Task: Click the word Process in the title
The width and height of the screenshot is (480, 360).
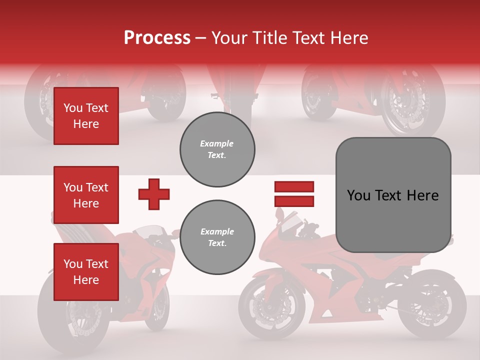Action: tap(157, 38)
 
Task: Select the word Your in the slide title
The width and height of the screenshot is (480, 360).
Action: tap(229, 38)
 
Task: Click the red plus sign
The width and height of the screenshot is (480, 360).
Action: tap(154, 194)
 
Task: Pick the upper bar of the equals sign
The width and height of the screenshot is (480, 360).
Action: tap(294, 186)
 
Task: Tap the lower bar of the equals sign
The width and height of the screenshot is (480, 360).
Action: tap(294, 201)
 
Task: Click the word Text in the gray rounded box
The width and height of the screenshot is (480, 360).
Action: tap(388, 195)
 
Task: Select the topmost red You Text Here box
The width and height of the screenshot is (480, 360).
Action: tap(86, 116)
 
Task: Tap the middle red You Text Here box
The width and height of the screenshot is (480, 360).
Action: tap(86, 195)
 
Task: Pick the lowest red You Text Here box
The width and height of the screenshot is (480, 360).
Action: tap(86, 272)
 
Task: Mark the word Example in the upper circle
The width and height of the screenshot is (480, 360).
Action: tap(217, 143)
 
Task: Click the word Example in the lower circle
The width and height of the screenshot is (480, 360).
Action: tap(217, 231)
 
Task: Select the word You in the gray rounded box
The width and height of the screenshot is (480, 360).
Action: tap(358, 195)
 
